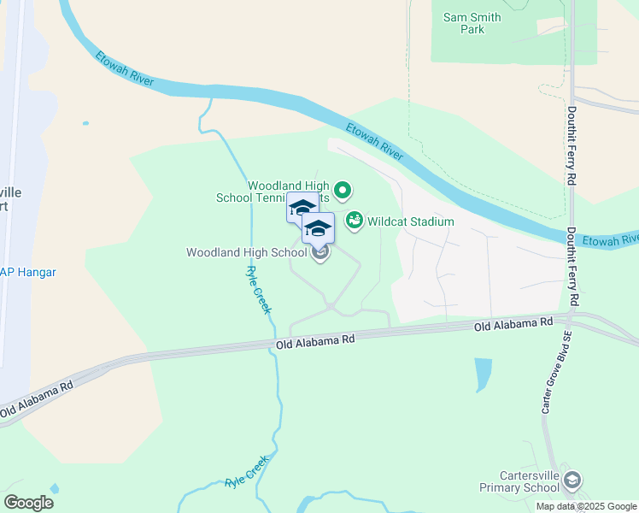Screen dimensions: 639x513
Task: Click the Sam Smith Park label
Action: pos(472,23)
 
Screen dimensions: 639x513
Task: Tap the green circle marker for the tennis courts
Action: pos(343,190)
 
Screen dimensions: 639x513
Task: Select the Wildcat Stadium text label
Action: pos(410,222)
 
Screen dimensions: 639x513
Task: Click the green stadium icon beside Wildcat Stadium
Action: pos(355,221)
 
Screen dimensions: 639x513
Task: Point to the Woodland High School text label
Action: pos(246,253)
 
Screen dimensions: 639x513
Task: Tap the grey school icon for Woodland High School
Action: pos(320,253)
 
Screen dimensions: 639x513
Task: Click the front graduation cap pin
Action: pos(318,228)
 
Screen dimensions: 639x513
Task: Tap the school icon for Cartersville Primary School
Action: pos(572,481)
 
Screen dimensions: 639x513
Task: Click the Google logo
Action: pos(28,503)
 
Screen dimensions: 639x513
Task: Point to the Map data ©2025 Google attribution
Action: pos(586,506)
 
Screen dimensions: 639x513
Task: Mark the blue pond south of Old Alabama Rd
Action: pos(483,373)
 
